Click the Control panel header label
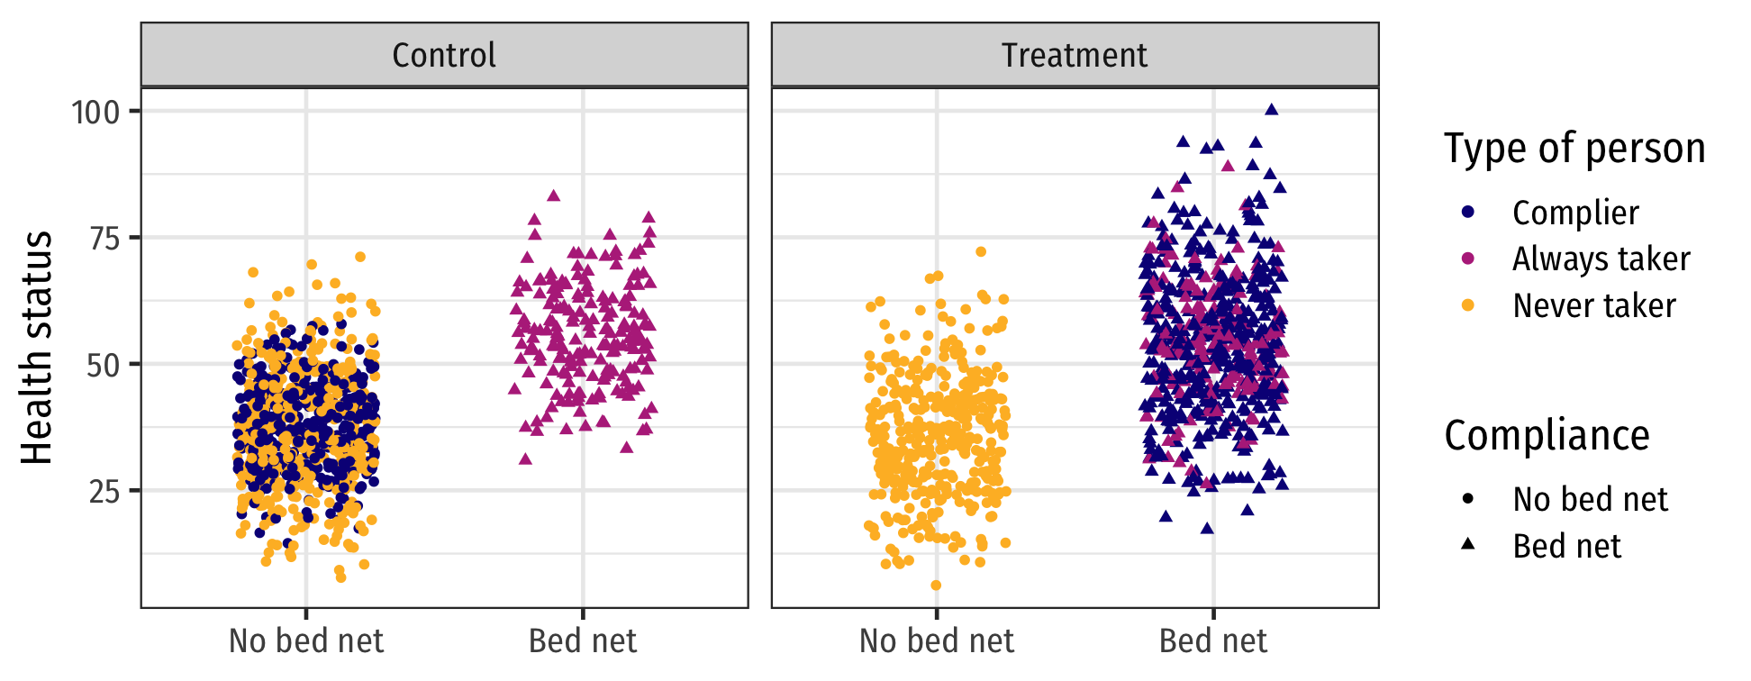(x=444, y=56)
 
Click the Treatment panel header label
(x=1075, y=56)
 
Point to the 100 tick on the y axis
(x=95, y=113)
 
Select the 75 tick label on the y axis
(x=104, y=239)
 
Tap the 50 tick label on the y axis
(x=104, y=365)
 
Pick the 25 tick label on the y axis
(x=104, y=492)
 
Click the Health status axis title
(x=37, y=348)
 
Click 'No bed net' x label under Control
(x=306, y=640)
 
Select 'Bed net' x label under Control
(x=583, y=640)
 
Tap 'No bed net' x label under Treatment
(x=937, y=640)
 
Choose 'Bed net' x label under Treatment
(x=1213, y=640)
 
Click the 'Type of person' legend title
(x=1574, y=149)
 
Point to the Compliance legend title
(x=1547, y=436)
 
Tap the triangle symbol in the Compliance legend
(x=1468, y=544)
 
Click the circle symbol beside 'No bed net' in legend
(x=1468, y=498)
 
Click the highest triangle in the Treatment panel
(x=1272, y=110)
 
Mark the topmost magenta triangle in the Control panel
(x=554, y=195)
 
